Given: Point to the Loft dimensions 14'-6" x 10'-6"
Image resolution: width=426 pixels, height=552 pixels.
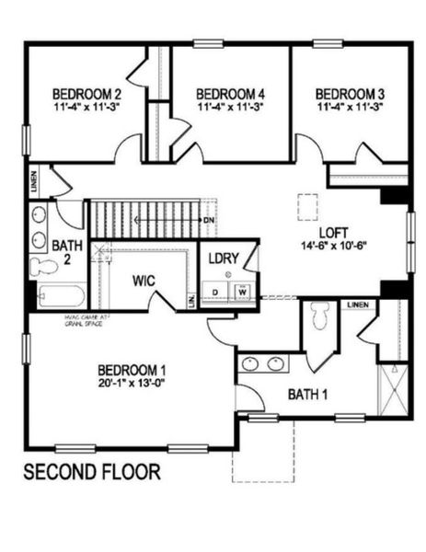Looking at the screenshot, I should [333, 246].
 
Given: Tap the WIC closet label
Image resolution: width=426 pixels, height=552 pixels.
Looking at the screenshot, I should [143, 279].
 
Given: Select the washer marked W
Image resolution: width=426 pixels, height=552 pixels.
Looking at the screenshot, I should [243, 292].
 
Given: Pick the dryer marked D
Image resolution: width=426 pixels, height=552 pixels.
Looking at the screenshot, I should [216, 292].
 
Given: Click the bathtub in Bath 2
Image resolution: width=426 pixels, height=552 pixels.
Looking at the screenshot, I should [62, 296].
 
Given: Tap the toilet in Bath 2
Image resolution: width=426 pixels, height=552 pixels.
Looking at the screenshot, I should [43, 268].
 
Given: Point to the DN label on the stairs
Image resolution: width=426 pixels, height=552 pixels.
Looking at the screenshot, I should [210, 221].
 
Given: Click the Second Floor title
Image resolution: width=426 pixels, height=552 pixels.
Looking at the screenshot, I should [91, 472].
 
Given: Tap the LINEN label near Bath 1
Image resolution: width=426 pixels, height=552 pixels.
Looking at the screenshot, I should [358, 305].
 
